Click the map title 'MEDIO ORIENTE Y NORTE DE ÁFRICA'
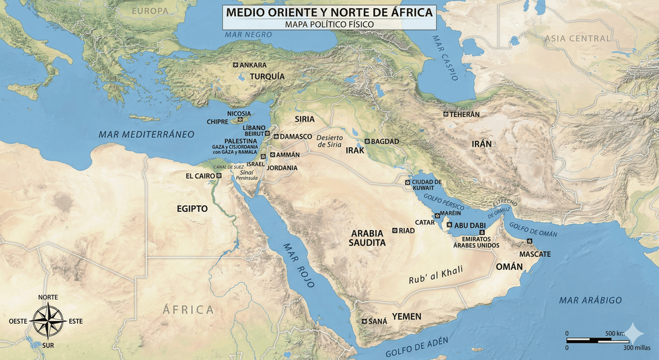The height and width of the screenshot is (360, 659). coord(329,12)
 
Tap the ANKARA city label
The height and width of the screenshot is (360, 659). coord(253,65)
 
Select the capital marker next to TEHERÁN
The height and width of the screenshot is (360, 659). coord(445,114)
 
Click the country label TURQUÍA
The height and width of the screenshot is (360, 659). coord(267,76)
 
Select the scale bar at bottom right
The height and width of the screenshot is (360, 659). coord(597,340)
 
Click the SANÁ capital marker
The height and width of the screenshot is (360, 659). coord(364,321)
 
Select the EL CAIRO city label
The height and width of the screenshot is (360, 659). coord(200,176)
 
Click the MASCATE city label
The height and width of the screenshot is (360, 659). coord(535,254)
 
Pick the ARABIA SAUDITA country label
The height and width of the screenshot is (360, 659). coord(368,238)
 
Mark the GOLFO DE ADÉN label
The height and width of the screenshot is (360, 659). coord(416,347)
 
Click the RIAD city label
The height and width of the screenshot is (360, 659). coord(407,230)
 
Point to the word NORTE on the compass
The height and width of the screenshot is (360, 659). coord(48,297)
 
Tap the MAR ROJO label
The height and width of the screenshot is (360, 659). coord(299,265)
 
